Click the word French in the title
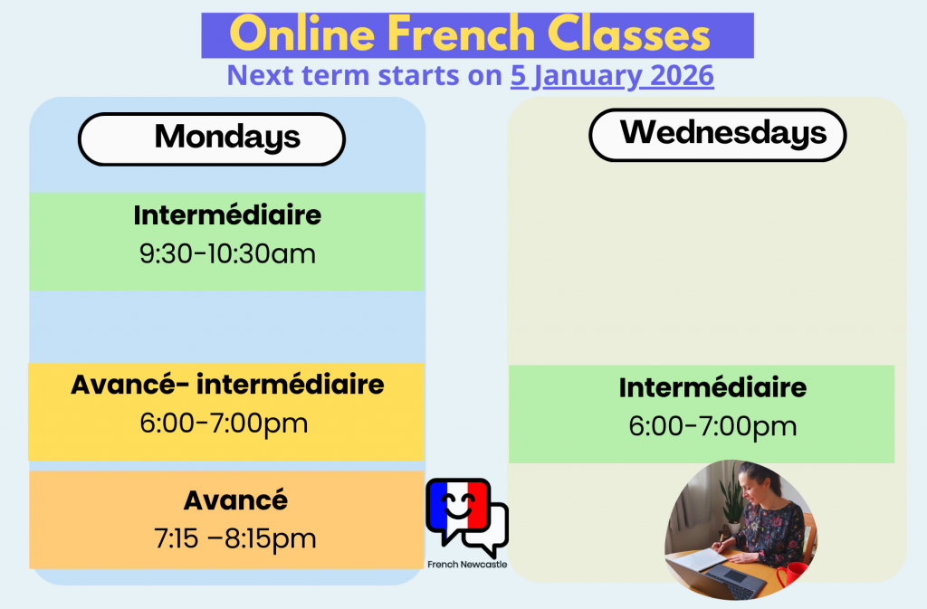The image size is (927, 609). coord(461,34)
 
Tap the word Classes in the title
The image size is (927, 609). coord(628,34)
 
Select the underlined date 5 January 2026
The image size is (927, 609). coord(612,76)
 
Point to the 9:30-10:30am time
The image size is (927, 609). coord(227,254)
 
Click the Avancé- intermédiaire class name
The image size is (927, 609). coord(227,385)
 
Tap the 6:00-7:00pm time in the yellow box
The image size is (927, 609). coord(225,423)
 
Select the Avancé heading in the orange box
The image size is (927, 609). coord(236,500)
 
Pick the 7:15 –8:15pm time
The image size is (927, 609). coord(235,538)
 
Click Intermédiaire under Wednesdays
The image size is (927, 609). coord(713,387)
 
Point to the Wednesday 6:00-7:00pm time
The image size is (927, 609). coord(713,426)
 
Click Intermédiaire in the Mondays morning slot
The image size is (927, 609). coord(227,215)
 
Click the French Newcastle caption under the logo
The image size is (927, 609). coord(467,565)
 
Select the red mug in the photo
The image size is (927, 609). coord(792,576)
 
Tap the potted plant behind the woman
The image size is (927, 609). coord(731,500)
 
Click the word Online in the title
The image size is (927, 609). coord(302,34)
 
